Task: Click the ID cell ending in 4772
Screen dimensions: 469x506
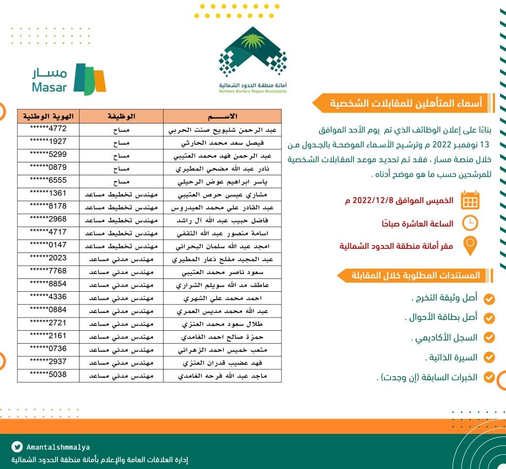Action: tap(48, 129)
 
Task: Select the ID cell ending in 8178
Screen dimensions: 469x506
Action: tap(48, 206)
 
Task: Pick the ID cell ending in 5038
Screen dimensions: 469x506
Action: tap(48, 374)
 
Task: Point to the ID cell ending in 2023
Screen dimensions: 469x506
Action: tap(48, 258)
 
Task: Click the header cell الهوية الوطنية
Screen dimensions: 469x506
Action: tap(48, 117)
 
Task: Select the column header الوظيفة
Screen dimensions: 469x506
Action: tap(121, 117)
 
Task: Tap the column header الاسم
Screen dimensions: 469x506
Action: tap(222, 117)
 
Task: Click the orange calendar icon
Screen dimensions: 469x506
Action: tap(470, 200)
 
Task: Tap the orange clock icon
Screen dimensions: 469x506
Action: tap(470, 223)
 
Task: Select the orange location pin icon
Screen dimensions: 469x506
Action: tap(470, 246)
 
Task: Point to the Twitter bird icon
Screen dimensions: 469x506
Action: tap(18, 447)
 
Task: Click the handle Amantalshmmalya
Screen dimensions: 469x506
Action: tap(58, 447)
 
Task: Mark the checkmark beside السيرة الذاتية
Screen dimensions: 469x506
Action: tap(489, 357)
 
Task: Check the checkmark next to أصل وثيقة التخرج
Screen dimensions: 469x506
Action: tap(489, 298)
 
